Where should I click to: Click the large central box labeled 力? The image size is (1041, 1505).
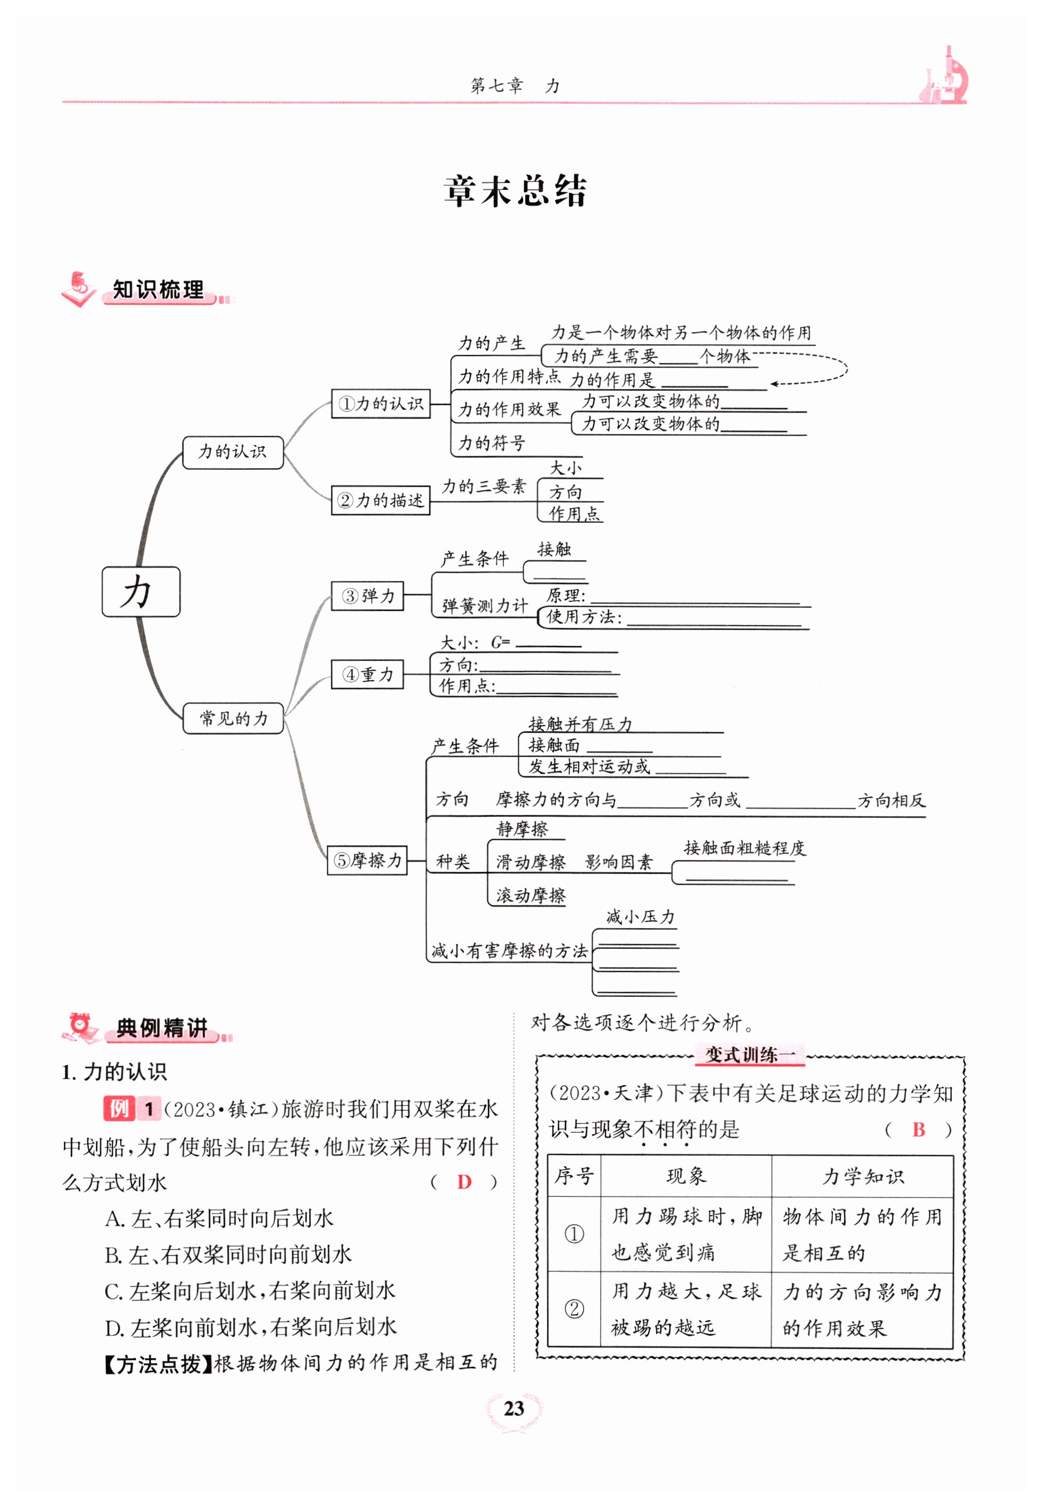pos(141,592)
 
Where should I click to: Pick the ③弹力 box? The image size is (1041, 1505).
pos(367,596)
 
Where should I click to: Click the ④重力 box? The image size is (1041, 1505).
pos(367,674)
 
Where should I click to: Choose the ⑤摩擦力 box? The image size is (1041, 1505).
pos(367,860)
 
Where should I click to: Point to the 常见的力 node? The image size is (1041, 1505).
pos(233,718)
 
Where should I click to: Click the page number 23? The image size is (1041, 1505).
pos(514,1408)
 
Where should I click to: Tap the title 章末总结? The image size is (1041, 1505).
pos(515,191)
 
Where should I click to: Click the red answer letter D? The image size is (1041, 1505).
pos(464,1181)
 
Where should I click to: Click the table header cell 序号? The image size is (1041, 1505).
pos(574,1176)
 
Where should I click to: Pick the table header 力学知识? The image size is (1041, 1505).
pos(862,1176)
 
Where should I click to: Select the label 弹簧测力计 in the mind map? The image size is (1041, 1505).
pos(485,605)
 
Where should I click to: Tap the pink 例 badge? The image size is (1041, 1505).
pos(119,1108)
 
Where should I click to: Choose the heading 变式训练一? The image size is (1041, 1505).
pos(750,1054)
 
